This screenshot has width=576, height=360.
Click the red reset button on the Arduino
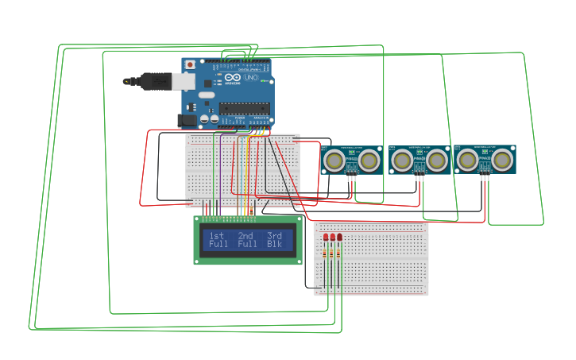click(x=190, y=64)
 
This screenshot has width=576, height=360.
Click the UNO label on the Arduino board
click(x=250, y=79)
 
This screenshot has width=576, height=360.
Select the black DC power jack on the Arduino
click(x=187, y=120)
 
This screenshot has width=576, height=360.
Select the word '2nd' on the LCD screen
click(x=245, y=236)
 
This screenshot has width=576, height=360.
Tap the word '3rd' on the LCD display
click(x=274, y=236)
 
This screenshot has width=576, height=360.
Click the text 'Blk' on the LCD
click(x=274, y=245)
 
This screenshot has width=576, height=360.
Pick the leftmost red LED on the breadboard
click(x=326, y=237)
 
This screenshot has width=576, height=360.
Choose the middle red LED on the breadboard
click(x=333, y=237)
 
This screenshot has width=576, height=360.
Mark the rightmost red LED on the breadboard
click(x=340, y=237)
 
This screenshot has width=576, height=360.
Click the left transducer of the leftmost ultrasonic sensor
click(x=334, y=161)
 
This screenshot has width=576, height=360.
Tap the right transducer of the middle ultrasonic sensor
click(x=436, y=161)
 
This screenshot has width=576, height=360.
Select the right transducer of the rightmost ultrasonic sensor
click(x=502, y=161)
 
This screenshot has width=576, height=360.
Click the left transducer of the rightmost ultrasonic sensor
click(x=468, y=161)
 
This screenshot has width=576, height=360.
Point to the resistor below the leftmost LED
click(x=326, y=255)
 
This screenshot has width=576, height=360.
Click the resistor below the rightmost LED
click(x=340, y=255)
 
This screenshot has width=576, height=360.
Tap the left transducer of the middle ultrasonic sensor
click(x=402, y=161)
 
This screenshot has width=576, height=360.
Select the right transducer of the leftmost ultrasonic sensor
click(x=369, y=161)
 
